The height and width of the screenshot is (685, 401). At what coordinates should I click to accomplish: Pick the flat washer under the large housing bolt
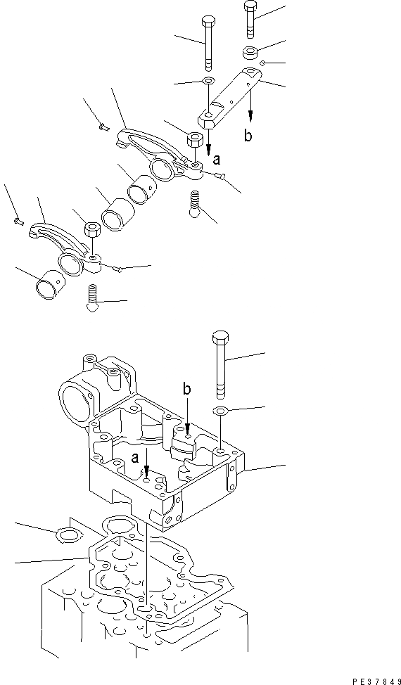click(219, 411)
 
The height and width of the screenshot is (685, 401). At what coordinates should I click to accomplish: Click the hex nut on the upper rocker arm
click(193, 139)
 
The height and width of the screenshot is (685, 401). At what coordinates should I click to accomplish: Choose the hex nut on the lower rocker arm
click(91, 231)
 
